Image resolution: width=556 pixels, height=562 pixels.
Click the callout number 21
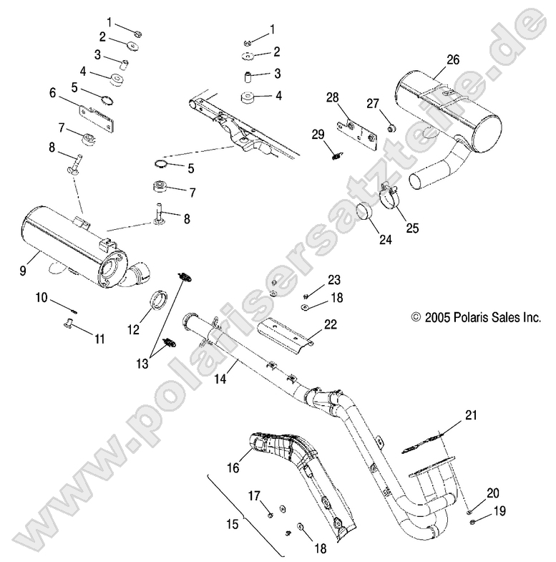coord(469,415)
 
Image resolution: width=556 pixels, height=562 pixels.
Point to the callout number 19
coord(478,511)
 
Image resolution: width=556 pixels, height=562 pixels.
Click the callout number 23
coord(335,279)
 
